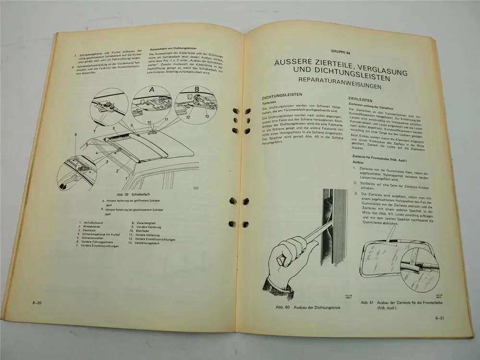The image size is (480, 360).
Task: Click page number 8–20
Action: click(x=36, y=302)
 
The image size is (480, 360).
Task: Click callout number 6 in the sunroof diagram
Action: click(x=75, y=135)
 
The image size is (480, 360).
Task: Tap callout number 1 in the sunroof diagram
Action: click(x=126, y=179)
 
